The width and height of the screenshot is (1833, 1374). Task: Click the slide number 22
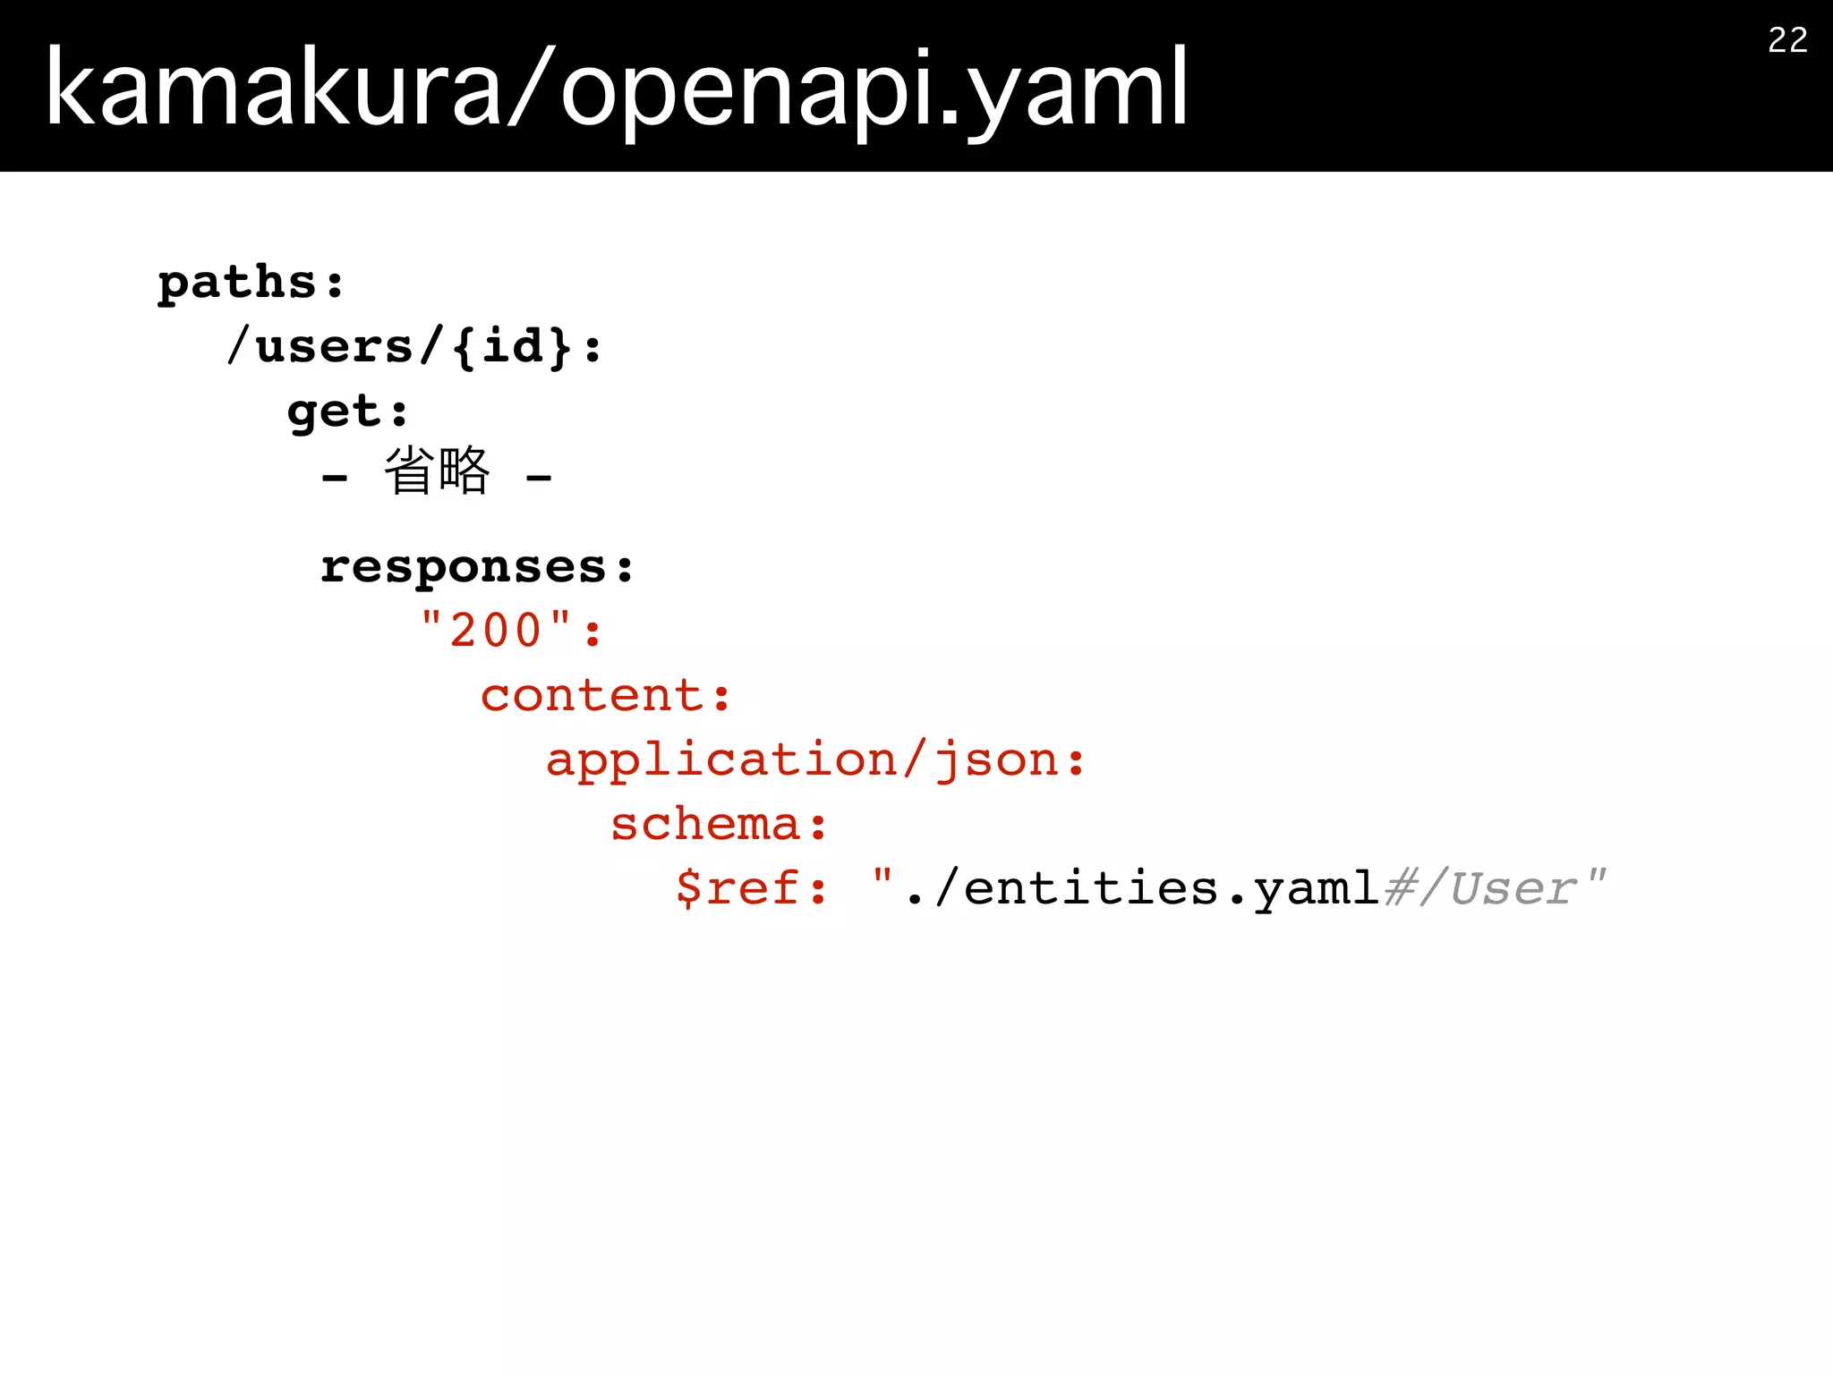tap(1787, 40)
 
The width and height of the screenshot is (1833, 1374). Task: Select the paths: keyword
tap(251, 283)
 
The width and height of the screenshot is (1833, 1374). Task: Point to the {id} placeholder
tap(512, 347)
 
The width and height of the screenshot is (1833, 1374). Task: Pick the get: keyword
tap(347, 411)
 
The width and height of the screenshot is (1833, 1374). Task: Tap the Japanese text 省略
tap(437, 471)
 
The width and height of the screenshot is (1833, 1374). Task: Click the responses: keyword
tap(477, 567)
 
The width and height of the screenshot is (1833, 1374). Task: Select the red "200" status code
tap(496, 631)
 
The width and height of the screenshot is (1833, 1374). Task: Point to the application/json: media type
tap(815, 760)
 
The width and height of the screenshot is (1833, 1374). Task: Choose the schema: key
tap(719, 825)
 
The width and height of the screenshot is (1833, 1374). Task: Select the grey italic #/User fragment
tap(1479, 888)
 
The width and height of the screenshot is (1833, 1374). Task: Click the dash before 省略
tap(335, 479)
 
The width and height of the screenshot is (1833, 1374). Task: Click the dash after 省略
tap(539, 479)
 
